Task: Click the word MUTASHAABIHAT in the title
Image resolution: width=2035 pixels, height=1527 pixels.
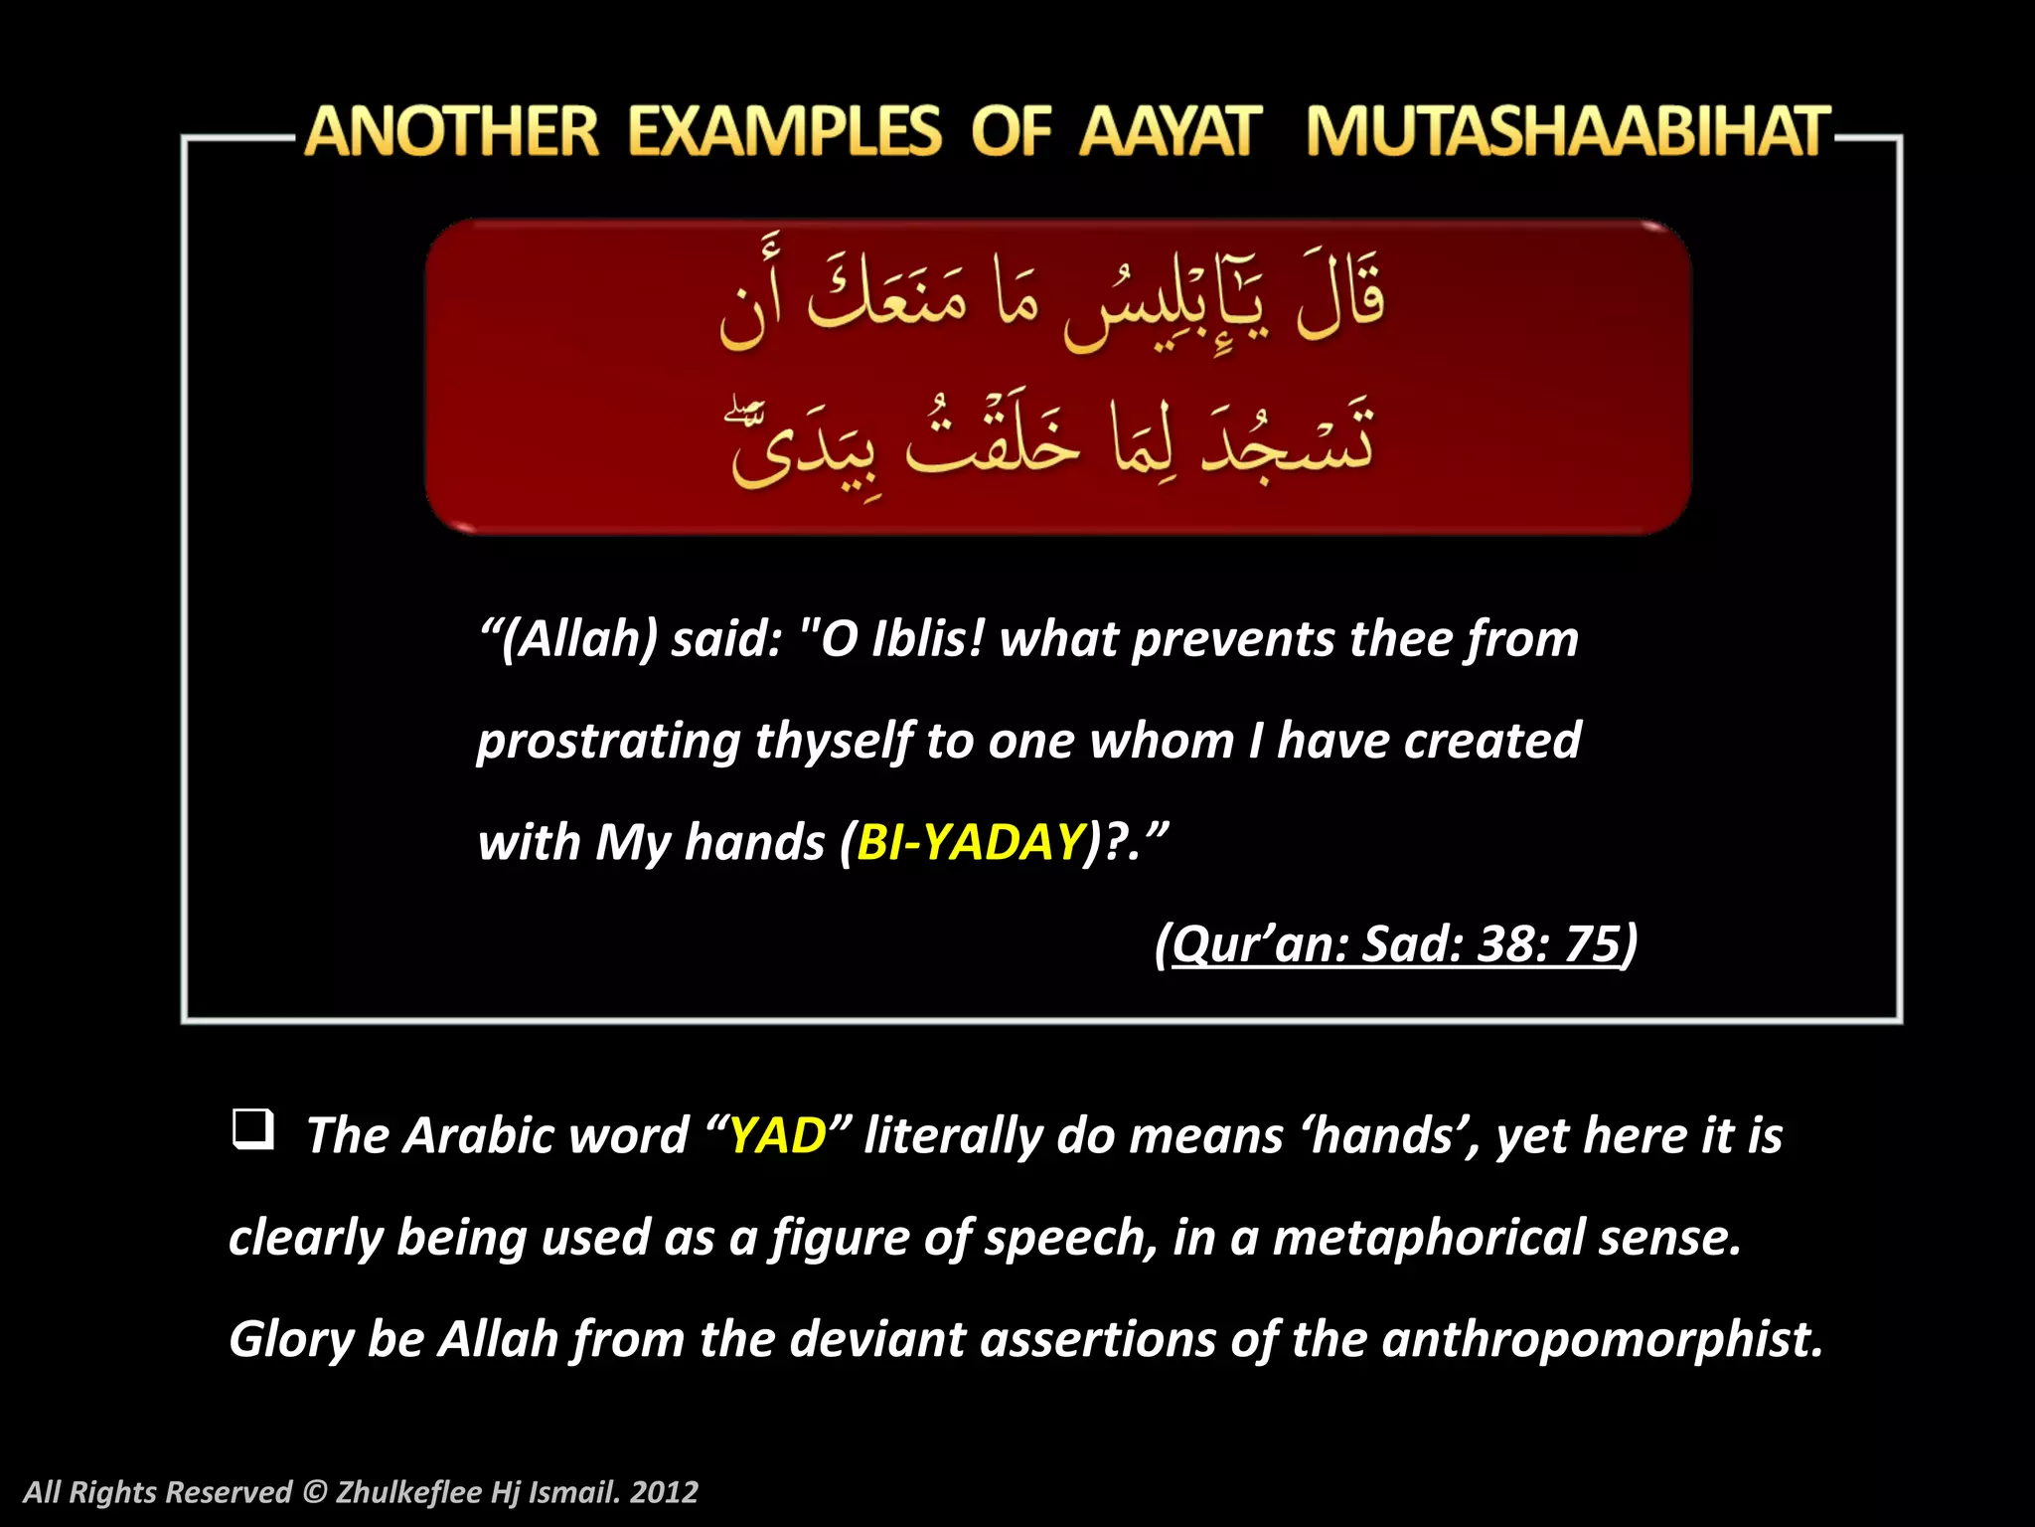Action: click(1567, 132)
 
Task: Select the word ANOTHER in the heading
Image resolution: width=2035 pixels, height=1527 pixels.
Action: click(452, 132)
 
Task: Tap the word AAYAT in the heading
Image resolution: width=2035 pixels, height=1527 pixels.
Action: click(1171, 132)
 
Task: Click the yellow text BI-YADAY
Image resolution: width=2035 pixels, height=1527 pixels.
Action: click(970, 842)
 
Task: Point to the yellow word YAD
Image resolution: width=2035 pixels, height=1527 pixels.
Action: click(778, 1135)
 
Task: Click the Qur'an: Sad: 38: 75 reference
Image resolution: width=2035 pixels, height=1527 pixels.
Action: click(1396, 943)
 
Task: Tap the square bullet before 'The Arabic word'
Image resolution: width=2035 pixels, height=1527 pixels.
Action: click(252, 1130)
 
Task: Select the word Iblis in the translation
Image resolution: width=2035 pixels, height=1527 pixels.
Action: click(927, 639)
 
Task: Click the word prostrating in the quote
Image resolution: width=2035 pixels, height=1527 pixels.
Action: click(608, 742)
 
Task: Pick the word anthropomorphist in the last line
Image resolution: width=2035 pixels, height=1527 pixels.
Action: click(1602, 1339)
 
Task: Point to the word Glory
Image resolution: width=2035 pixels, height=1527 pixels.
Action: click(290, 1339)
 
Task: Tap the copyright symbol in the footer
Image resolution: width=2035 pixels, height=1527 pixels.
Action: click(314, 1492)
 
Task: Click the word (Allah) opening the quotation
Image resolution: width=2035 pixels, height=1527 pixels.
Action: click(577, 639)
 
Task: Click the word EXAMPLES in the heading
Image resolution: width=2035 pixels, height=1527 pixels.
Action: click(784, 132)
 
